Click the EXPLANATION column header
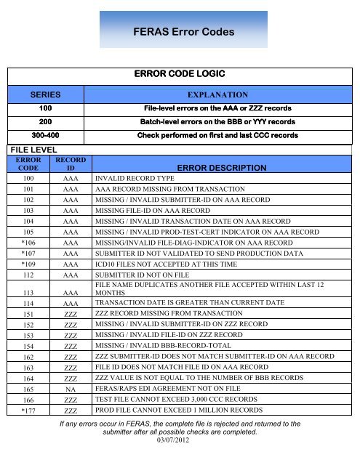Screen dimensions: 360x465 pos(218,95)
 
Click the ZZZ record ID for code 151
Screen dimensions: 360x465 pos(71,312)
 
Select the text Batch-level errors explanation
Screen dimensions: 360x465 pos(218,122)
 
